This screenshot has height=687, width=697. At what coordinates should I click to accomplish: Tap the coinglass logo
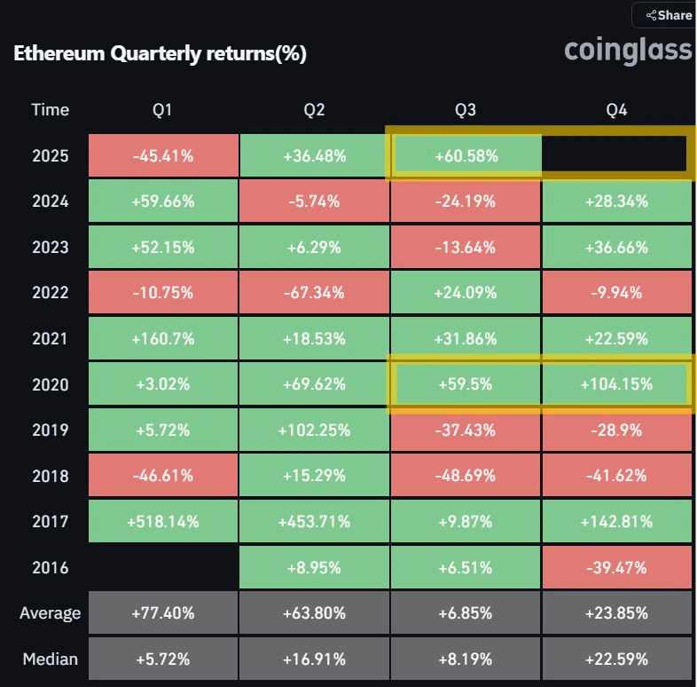(x=628, y=51)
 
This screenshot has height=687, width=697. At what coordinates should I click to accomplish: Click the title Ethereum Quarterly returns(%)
(x=161, y=53)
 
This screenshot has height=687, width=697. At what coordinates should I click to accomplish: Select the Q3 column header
(x=465, y=110)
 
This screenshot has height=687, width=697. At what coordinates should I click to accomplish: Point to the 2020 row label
(x=50, y=384)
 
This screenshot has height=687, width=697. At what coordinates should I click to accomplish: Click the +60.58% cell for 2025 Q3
(x=465, y=155)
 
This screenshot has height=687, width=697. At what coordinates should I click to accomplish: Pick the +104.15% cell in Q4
(x=615, y=384)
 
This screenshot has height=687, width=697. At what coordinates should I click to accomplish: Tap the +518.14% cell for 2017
(x=163, y=522)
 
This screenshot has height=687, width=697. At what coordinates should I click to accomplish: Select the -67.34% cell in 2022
(x=314, y=293)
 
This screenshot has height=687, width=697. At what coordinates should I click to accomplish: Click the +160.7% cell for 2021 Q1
(x=163, y=339)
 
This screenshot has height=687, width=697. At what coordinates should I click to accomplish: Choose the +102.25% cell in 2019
(x=314, y=430)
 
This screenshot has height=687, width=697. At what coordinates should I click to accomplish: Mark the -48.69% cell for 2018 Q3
(x=465, y=476)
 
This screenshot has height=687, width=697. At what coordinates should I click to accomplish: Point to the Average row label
(x=50, y=613)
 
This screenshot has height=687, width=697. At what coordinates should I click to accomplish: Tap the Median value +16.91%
(x=314, y=659)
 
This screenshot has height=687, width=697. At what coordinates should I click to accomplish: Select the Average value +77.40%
(x=163, y=613)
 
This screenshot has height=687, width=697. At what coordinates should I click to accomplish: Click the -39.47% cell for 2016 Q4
(x=615, y=568)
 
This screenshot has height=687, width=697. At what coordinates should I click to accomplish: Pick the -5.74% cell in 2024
(x=314, y=201)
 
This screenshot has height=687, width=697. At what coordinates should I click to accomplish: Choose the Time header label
(x=50, y=110)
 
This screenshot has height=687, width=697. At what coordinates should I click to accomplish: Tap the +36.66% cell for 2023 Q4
(x=615, y=247)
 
